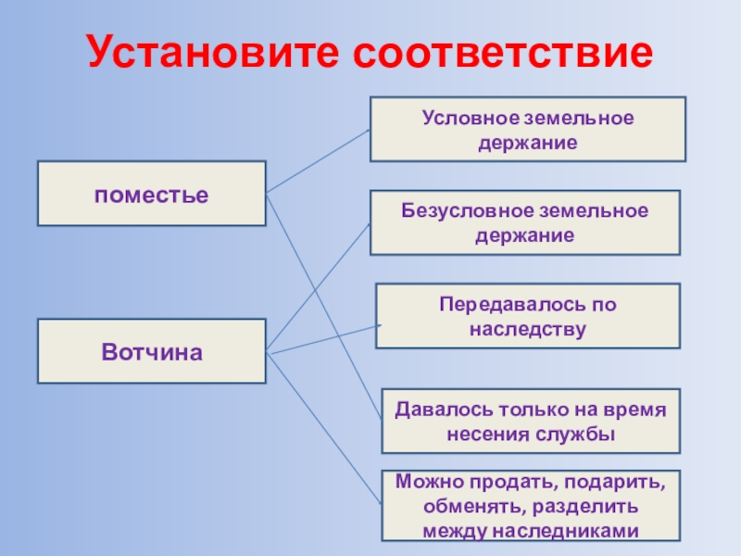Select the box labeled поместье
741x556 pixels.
tap(151, 194)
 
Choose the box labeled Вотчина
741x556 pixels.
tap(151, 351)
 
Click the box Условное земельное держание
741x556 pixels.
tap(528, 129)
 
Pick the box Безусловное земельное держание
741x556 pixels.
tap(525, 222)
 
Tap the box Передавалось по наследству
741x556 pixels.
tap(527, 316)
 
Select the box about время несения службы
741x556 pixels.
tap(531, 421)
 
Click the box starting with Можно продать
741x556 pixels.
tap(531, 506)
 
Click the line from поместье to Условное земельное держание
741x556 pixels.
tap(318, 161)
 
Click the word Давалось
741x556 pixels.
tap(440, 410)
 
